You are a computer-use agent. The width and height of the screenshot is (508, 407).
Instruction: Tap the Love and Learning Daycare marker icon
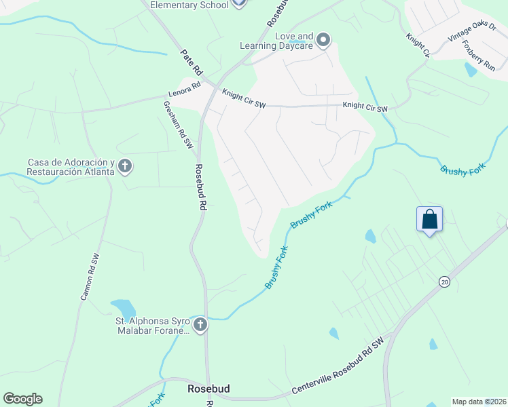pos(323,41)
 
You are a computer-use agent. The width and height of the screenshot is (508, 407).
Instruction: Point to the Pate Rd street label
pos(192,61)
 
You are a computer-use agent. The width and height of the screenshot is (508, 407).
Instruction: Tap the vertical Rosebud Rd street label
pos(200,187)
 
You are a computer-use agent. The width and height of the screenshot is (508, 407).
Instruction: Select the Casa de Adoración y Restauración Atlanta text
pos(69,167)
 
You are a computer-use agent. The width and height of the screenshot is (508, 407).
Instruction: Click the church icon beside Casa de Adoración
pos(124,166)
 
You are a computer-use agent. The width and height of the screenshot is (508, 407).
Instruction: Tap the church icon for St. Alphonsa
pos(200,326)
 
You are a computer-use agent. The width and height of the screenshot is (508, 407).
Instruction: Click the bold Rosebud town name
pos(208,389)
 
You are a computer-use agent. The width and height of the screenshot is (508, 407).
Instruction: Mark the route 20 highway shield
pos(444,282)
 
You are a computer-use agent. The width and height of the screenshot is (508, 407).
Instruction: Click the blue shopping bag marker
pos(429,220)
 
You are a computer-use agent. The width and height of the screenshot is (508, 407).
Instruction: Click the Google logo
pos(22,399)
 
